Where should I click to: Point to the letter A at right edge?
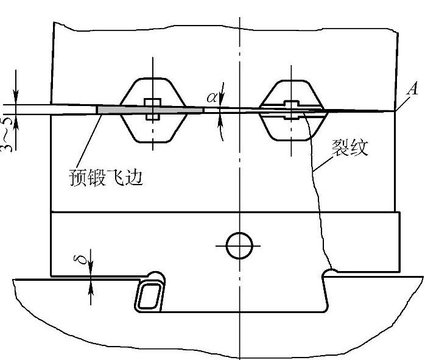coord(413,90)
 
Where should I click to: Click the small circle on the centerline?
coord(239,246)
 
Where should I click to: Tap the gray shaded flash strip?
coord(149,109)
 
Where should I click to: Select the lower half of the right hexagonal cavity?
coord(290,128)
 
